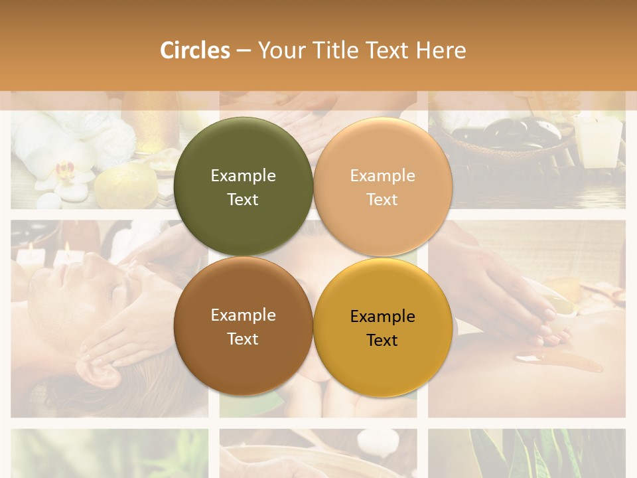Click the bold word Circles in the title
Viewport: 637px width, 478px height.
coord(195,50)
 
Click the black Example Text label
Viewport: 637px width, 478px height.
coord(382,328)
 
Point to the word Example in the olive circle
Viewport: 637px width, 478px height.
coord(243,176)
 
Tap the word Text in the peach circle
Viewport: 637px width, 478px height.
coord(382,199)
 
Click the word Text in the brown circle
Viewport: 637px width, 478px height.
coord(243,339)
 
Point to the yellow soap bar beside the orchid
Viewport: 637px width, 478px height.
coord(126,186)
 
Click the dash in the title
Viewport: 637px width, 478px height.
coord(244,50)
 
